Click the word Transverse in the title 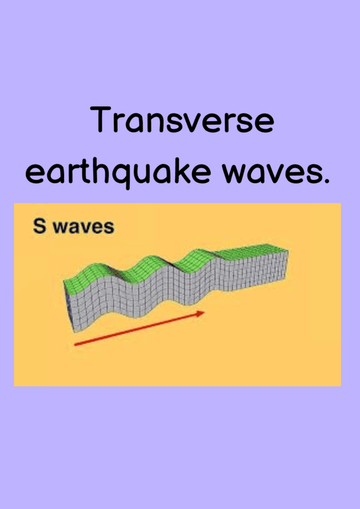pyautogui.click(x=182, y=120)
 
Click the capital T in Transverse pyautogui.click(x=101, y=119)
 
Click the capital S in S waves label pyautogui.click(x=40, y=227)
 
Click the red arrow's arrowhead pyautogui.click(x=200, y=313)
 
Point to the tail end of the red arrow pyautogui.click(x=75, y=344)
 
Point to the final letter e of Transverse pyautogui.click(x=265, y=124)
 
